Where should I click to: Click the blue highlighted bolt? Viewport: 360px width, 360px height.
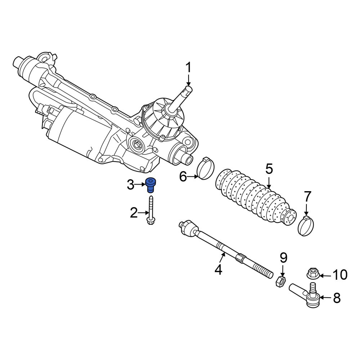[150, 185]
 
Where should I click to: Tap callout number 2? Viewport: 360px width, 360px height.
[134, 213]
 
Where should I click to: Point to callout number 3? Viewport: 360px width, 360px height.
[130, 185]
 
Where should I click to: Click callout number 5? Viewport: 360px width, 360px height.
[269, 169]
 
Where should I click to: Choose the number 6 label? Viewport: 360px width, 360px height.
[183, 177]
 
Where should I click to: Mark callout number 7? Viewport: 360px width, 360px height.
[307, 197]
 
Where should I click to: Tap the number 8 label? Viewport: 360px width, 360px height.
[337, 298]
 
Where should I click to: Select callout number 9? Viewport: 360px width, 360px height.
[283, 258]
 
